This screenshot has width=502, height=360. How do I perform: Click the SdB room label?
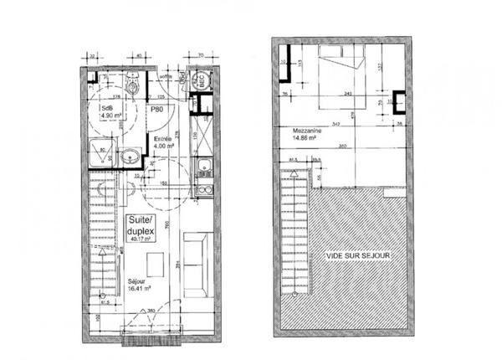point(106,109)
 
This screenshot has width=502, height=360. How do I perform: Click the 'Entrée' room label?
point(162,140)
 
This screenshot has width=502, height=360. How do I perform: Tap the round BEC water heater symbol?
point(199,81)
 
